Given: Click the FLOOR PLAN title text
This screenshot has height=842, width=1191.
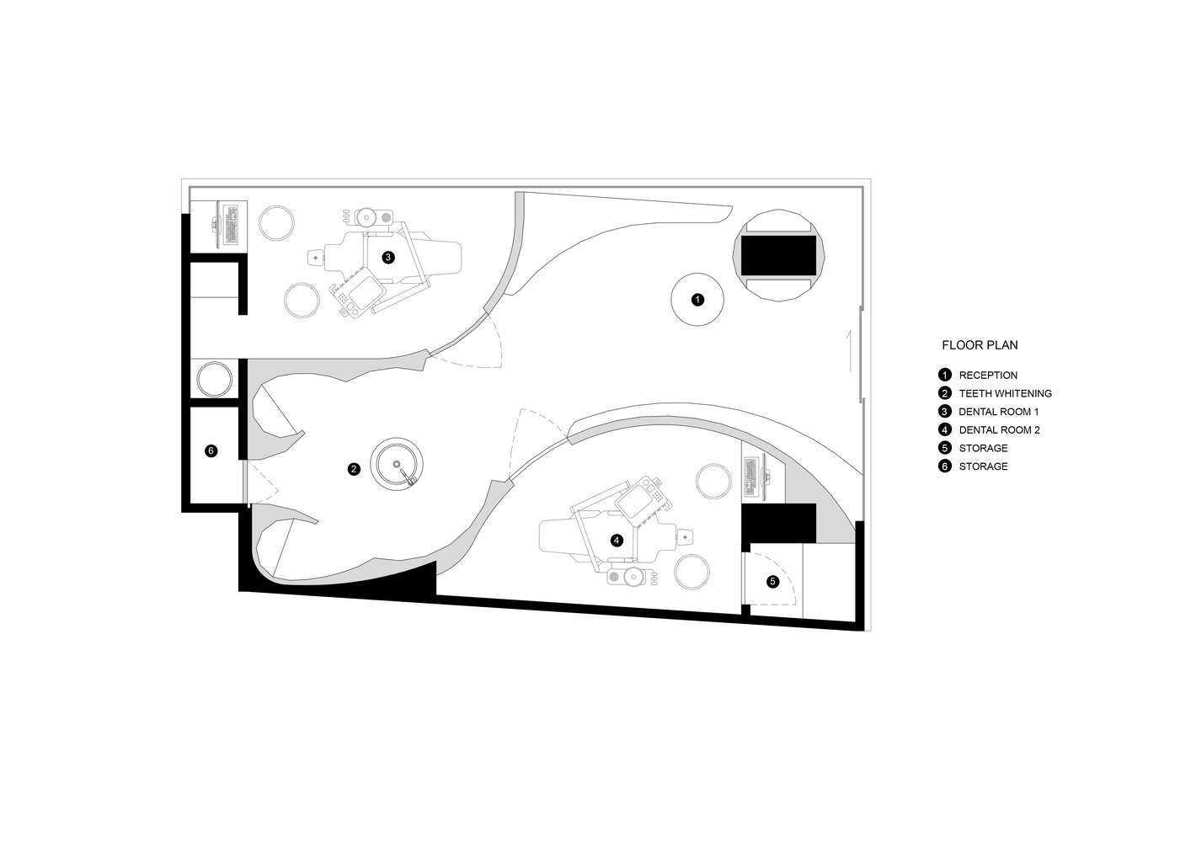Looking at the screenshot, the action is pos(980,345).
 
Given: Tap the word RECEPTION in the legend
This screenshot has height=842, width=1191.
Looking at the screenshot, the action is pos(988,376).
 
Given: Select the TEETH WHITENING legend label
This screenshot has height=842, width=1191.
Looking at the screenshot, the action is pos(1006,393).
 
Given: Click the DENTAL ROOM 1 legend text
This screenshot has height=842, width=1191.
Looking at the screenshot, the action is pos(998,412).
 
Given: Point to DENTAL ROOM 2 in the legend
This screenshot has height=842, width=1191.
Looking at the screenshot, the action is pos(999,429).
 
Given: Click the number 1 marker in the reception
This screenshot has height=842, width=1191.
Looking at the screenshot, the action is pos(697,300).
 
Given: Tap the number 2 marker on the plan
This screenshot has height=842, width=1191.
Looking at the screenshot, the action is pos(354,469).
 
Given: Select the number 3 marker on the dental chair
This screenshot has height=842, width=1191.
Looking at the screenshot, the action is pos(388,258).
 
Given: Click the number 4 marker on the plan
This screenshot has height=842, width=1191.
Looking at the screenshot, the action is pos(617,541).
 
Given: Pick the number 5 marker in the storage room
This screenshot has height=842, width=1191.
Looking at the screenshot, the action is pos(772,582).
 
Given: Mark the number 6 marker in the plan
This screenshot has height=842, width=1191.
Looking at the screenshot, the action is pos(211,450).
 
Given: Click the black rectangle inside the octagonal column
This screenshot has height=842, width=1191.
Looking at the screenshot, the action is pos(778,256).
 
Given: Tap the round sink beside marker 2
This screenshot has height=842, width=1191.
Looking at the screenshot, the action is pos(397,465).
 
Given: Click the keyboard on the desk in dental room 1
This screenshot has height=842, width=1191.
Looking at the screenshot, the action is pos(232,225).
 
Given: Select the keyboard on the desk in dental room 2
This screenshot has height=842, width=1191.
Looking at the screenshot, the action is pos(750,477).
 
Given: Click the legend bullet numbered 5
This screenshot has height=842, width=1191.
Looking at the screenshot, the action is pos(945,448).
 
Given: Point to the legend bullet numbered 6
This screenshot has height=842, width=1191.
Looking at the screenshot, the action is pos(945,466).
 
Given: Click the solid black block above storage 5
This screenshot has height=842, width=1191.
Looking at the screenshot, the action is pos(779,523).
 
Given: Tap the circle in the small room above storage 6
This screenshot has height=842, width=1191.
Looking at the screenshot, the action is pos(214,380).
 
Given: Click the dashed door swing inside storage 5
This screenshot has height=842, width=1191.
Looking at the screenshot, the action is pos(782,574).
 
